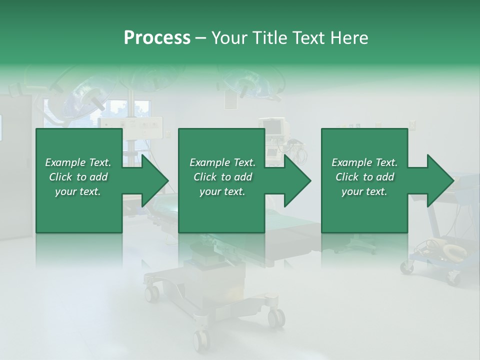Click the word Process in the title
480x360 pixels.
click(x=157, y=37)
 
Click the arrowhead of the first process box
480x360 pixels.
click(x=155, y=180)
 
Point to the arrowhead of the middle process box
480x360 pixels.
click(x=297, y=180)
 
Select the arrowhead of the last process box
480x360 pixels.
click(x=440, y=180)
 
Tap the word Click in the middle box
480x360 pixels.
click(x=204, y=177)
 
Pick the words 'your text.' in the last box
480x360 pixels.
click(x=364, y=191)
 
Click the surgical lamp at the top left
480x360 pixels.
click(x=85, y=95)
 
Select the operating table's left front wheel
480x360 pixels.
click(x=151, y=292)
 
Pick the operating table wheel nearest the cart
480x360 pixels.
click(x=275, y=316)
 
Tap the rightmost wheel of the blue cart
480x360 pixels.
click(x=453, y=277)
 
